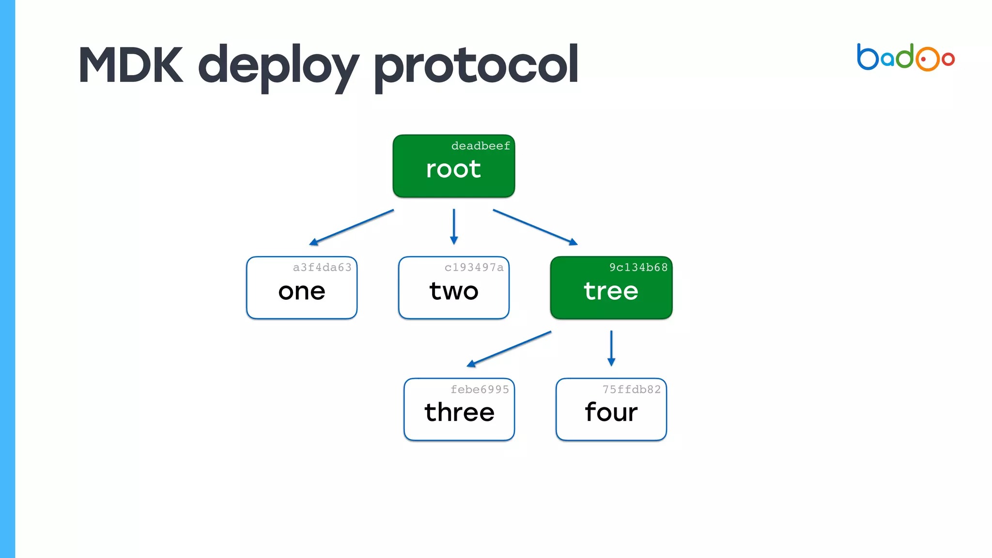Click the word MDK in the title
(131, 65)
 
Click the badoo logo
(905, 58)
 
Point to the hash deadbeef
(480, 146)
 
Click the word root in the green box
(453, 169)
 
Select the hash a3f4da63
(322, 267)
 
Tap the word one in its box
(302, 291)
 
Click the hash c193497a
(474, 267)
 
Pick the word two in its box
(454, 291)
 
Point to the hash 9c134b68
(638, 267)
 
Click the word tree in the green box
(611, 291)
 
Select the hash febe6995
(480, 389)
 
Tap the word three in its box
(459, 412)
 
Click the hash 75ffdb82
(632, 389)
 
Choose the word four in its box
(611, 412)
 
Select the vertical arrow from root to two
(454, 226)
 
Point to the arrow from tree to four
(611, 348)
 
